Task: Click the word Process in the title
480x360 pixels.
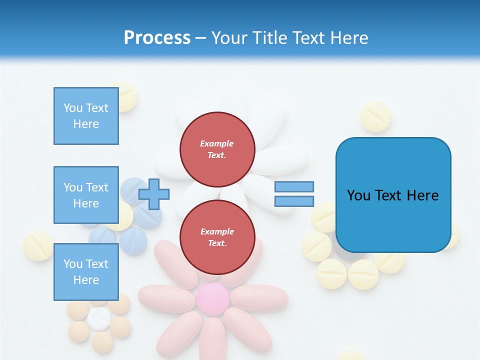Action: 157,38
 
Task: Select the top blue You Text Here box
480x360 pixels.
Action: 86,116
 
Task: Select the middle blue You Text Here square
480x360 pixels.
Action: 86,195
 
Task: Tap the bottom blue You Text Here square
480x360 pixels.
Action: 86,272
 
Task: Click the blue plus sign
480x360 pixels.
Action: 154,194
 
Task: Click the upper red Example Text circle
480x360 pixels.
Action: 217,149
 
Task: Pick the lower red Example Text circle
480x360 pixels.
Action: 217,237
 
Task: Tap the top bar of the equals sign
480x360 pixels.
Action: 294,186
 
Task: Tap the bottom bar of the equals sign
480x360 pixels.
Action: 294,201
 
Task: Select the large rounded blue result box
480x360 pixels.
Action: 393,195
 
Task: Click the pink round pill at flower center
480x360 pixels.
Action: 212,298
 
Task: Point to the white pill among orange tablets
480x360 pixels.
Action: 99,318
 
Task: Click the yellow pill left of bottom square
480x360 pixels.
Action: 38,246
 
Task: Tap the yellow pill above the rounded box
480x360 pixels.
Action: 375,117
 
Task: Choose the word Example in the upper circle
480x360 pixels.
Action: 217,143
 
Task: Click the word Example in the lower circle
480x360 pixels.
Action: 217,231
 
